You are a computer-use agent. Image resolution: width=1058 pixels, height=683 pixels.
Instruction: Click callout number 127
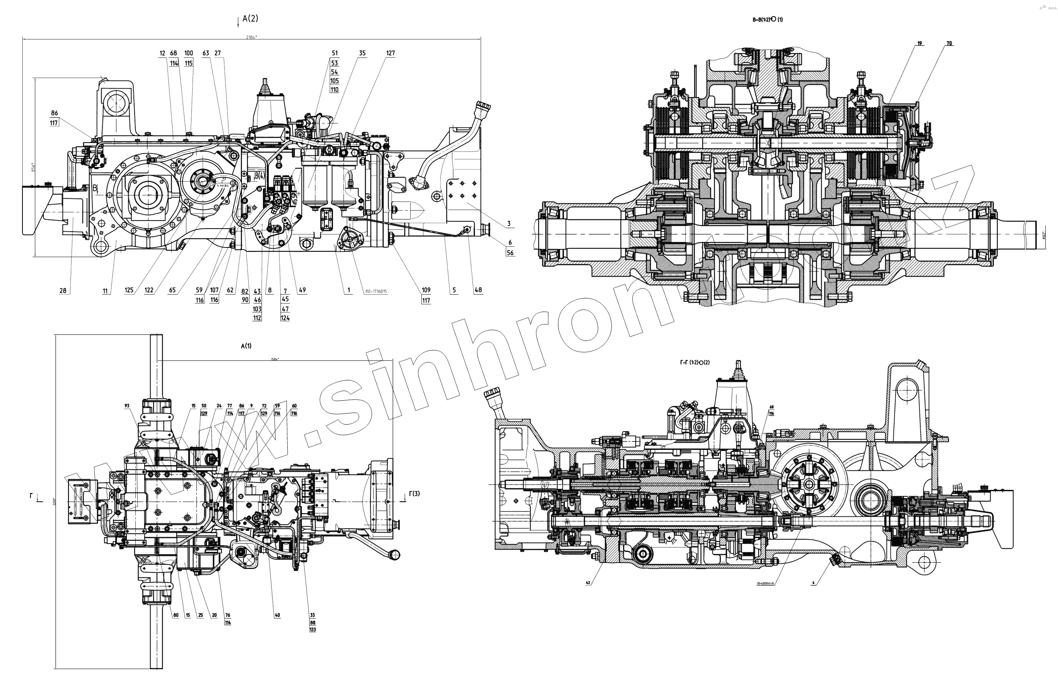pyautogui.click(x=390, y=53)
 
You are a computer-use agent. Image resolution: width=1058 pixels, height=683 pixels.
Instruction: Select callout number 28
pyautogui.click(x=63, y=290)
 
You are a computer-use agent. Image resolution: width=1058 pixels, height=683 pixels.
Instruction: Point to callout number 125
pyautogui.click(x=129, y=290)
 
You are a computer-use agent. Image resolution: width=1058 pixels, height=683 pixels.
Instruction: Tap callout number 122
pyautogui.click(x=149, y=290)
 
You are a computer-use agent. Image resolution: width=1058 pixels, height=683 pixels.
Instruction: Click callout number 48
pyautogui.click(x=478, y=290)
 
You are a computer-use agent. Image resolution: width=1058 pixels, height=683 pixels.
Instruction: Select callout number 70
pyautogui.click(x=949, y=43)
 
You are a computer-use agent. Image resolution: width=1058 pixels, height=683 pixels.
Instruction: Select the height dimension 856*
pyautogui.click(x=32, y=167)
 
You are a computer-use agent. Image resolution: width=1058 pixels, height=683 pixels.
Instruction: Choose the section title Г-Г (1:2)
pyautogui.click(x=695, y=362)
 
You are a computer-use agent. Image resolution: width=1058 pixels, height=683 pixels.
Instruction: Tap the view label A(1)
pyautogui.click(x=246, y=346)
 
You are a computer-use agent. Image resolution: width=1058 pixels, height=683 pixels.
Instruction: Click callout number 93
pyautogui.click(x=127, y=406)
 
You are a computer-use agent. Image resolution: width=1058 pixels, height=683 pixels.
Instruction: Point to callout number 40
pyautogui.click(x=277, y=615)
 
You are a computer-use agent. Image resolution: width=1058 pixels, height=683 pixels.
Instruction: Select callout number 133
pyautogui.click(x=312, y=630)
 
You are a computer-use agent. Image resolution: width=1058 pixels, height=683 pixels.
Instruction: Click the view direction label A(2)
pyautogui.click(x=250, y=19)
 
